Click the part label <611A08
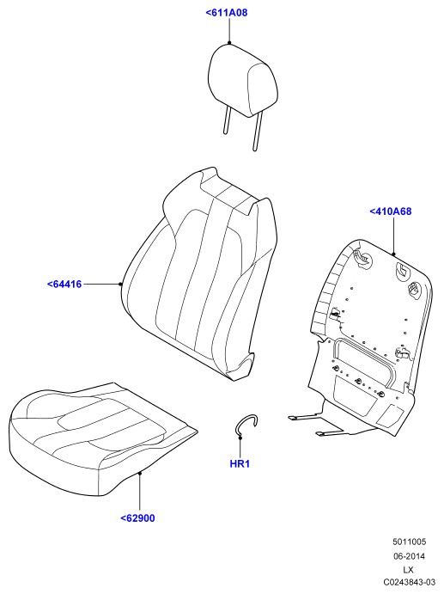227,13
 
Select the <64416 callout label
64,285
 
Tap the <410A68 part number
390,211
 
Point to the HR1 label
240,463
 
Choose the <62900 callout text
137,517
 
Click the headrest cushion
243,80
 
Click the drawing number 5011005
409,542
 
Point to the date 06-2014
409,556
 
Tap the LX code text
408,570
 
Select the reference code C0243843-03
409,582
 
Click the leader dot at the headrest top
229,43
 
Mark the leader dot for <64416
120,285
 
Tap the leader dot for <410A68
393,254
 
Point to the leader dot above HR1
240,438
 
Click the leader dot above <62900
140,473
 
